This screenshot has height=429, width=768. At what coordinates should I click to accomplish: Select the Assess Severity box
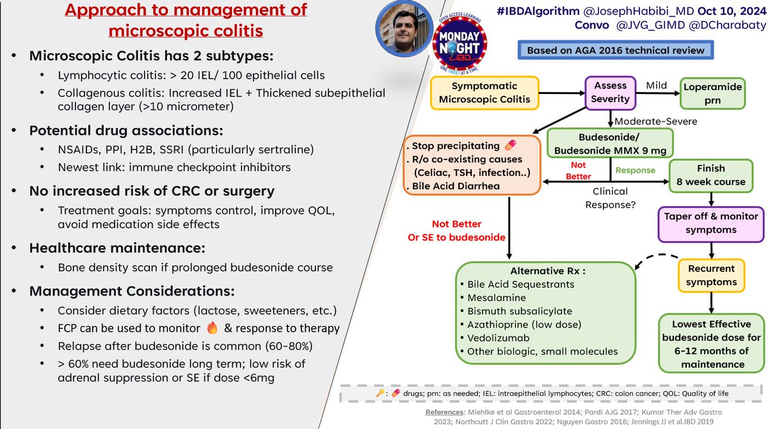[611, 92]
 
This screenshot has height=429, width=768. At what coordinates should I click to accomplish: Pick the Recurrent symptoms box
[712, 275]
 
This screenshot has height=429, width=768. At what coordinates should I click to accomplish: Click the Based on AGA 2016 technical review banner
[615, 51]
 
